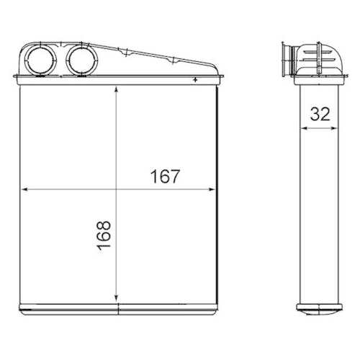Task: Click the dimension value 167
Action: (x=165, y=176)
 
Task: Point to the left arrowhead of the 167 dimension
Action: (x=26, y=190)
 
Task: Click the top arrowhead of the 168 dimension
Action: (x=117, y=89)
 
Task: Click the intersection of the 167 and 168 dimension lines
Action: (x=117, y=190)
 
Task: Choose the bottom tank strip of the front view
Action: (x=119, y=309)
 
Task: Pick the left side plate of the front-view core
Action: (x=22, y=194)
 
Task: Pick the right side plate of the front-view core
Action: (x=215, y=194)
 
